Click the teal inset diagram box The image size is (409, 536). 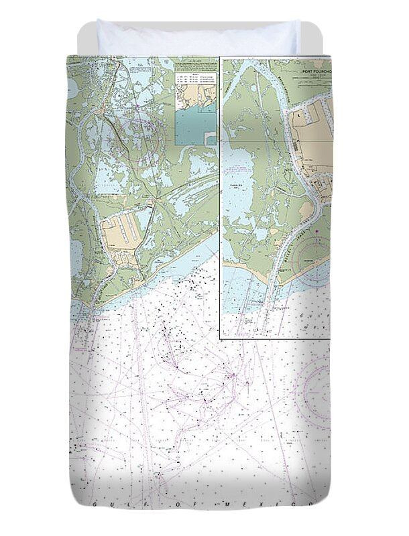[x=195, y=127]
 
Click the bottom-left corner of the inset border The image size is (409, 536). [x=221, y=338]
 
